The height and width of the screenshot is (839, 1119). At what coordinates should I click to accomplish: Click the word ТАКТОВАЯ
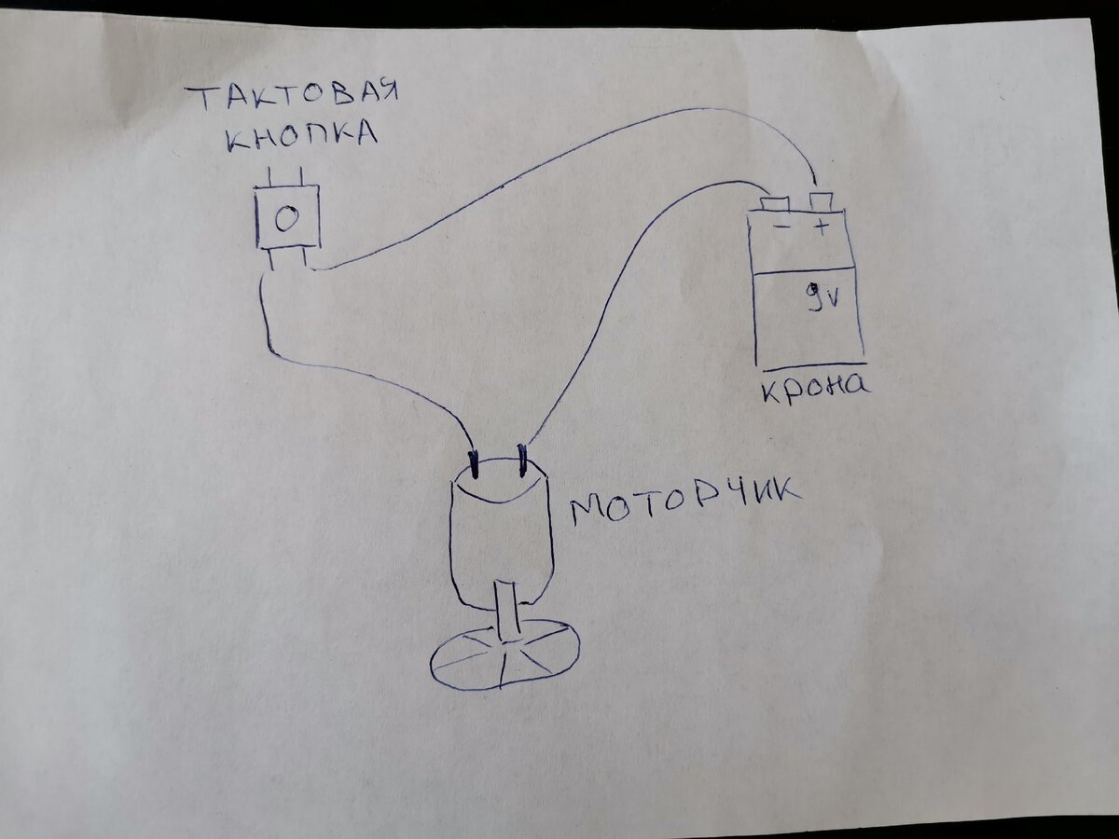click(x=291, y=96)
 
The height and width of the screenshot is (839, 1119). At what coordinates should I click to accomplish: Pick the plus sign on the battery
click(x=821, y=227)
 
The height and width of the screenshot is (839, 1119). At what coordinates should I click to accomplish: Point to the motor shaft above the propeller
click(x=509, y=610)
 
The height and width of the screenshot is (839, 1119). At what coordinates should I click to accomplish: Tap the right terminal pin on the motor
click(x=523, y=458)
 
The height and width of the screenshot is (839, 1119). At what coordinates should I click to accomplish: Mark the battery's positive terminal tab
click(x=821, y=200)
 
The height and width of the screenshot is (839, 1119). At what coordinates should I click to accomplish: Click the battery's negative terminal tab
click(x=776, y=203)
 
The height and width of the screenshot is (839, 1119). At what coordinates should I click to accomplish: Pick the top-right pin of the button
click(x=304, y=175)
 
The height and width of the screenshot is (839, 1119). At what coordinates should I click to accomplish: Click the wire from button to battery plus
click(x=559, y=158)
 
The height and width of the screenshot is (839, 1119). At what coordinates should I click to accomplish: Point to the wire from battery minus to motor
click(x=615, y=280)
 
